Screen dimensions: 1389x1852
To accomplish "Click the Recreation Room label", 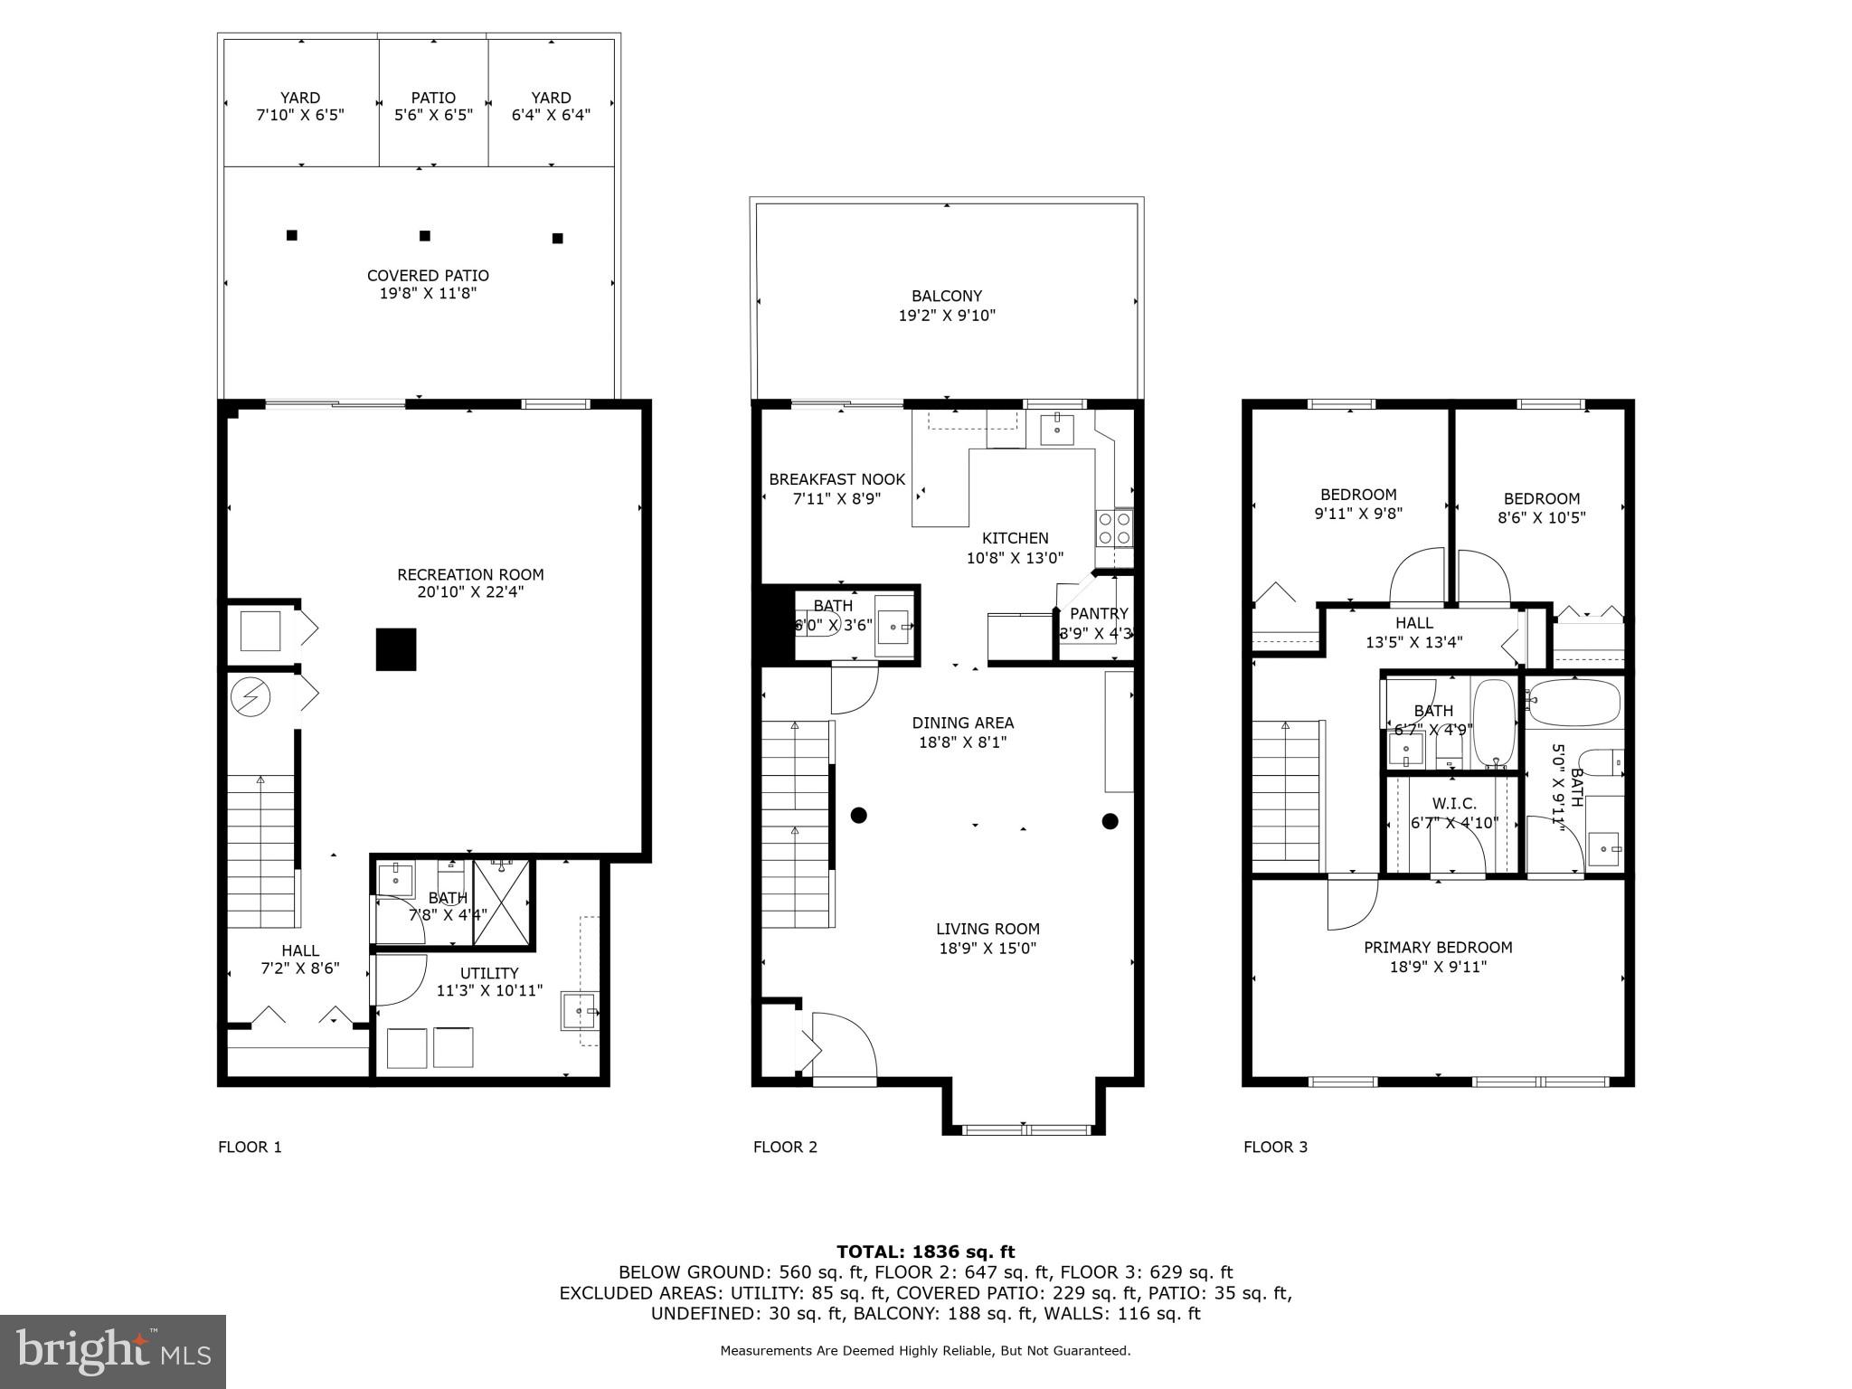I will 470,574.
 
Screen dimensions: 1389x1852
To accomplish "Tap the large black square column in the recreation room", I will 396,649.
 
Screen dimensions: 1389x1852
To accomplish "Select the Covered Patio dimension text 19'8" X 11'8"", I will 428,294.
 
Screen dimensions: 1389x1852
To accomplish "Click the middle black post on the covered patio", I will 425,236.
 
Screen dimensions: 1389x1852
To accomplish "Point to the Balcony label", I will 947,296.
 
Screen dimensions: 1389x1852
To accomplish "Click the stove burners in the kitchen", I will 1114,528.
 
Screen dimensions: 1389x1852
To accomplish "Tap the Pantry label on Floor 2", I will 1099,614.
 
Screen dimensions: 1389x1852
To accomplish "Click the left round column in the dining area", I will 859,816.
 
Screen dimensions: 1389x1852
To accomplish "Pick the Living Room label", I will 987,929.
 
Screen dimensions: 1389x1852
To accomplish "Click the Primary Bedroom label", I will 1438,948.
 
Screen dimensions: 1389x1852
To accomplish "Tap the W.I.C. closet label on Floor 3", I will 1454,804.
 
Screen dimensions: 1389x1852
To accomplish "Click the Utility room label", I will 489,973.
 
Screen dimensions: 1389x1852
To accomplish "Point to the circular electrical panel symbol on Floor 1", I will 250,696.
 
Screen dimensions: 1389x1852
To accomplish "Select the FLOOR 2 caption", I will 785,1148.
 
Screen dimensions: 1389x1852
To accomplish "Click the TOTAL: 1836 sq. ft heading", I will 925,1252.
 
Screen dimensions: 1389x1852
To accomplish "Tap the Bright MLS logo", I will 113,1351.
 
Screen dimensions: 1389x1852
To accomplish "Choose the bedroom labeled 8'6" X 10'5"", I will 1542,508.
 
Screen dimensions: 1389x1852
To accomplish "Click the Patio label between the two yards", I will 433,98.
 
